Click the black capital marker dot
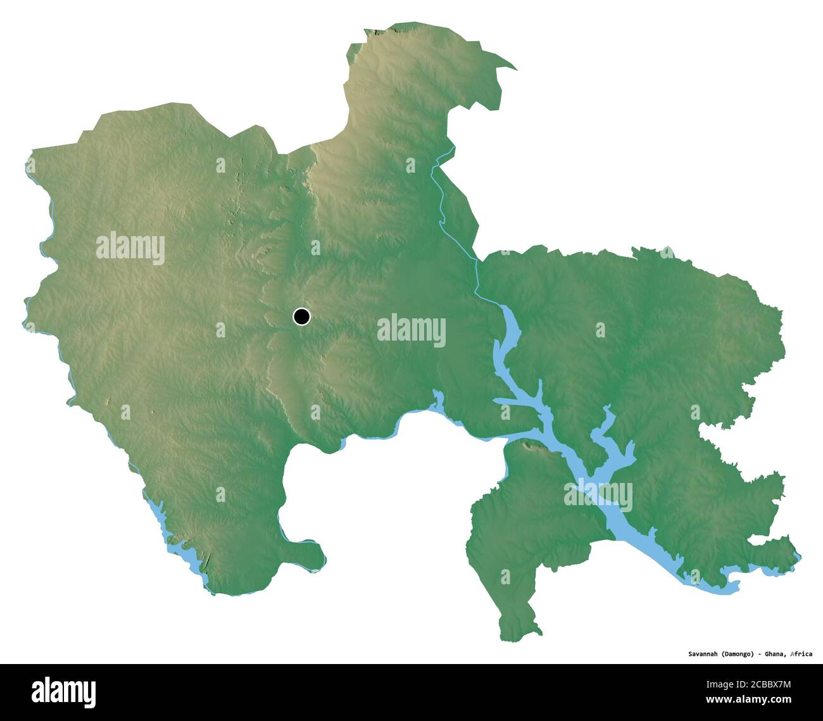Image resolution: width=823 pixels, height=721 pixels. pyautogui.click(x=302, y=316)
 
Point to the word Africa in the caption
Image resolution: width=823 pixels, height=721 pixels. pyautogui.click(x=800, y=654)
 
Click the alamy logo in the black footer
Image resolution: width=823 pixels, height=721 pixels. pyautogui.click(x=64, y=692)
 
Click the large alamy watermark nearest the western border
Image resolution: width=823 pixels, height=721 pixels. pyautogui.click(x=130, y=248)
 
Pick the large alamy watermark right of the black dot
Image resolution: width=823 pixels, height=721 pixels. pyautogui.click(x=411, y=330)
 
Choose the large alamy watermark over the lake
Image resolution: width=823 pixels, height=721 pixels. pyautogui.click(x=598, y=494)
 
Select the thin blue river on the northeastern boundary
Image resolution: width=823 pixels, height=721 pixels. pyautogui.click(x=443, y=209)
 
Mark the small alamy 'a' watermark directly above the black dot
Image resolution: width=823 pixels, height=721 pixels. pyautogui.click(x=315, y=248)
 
